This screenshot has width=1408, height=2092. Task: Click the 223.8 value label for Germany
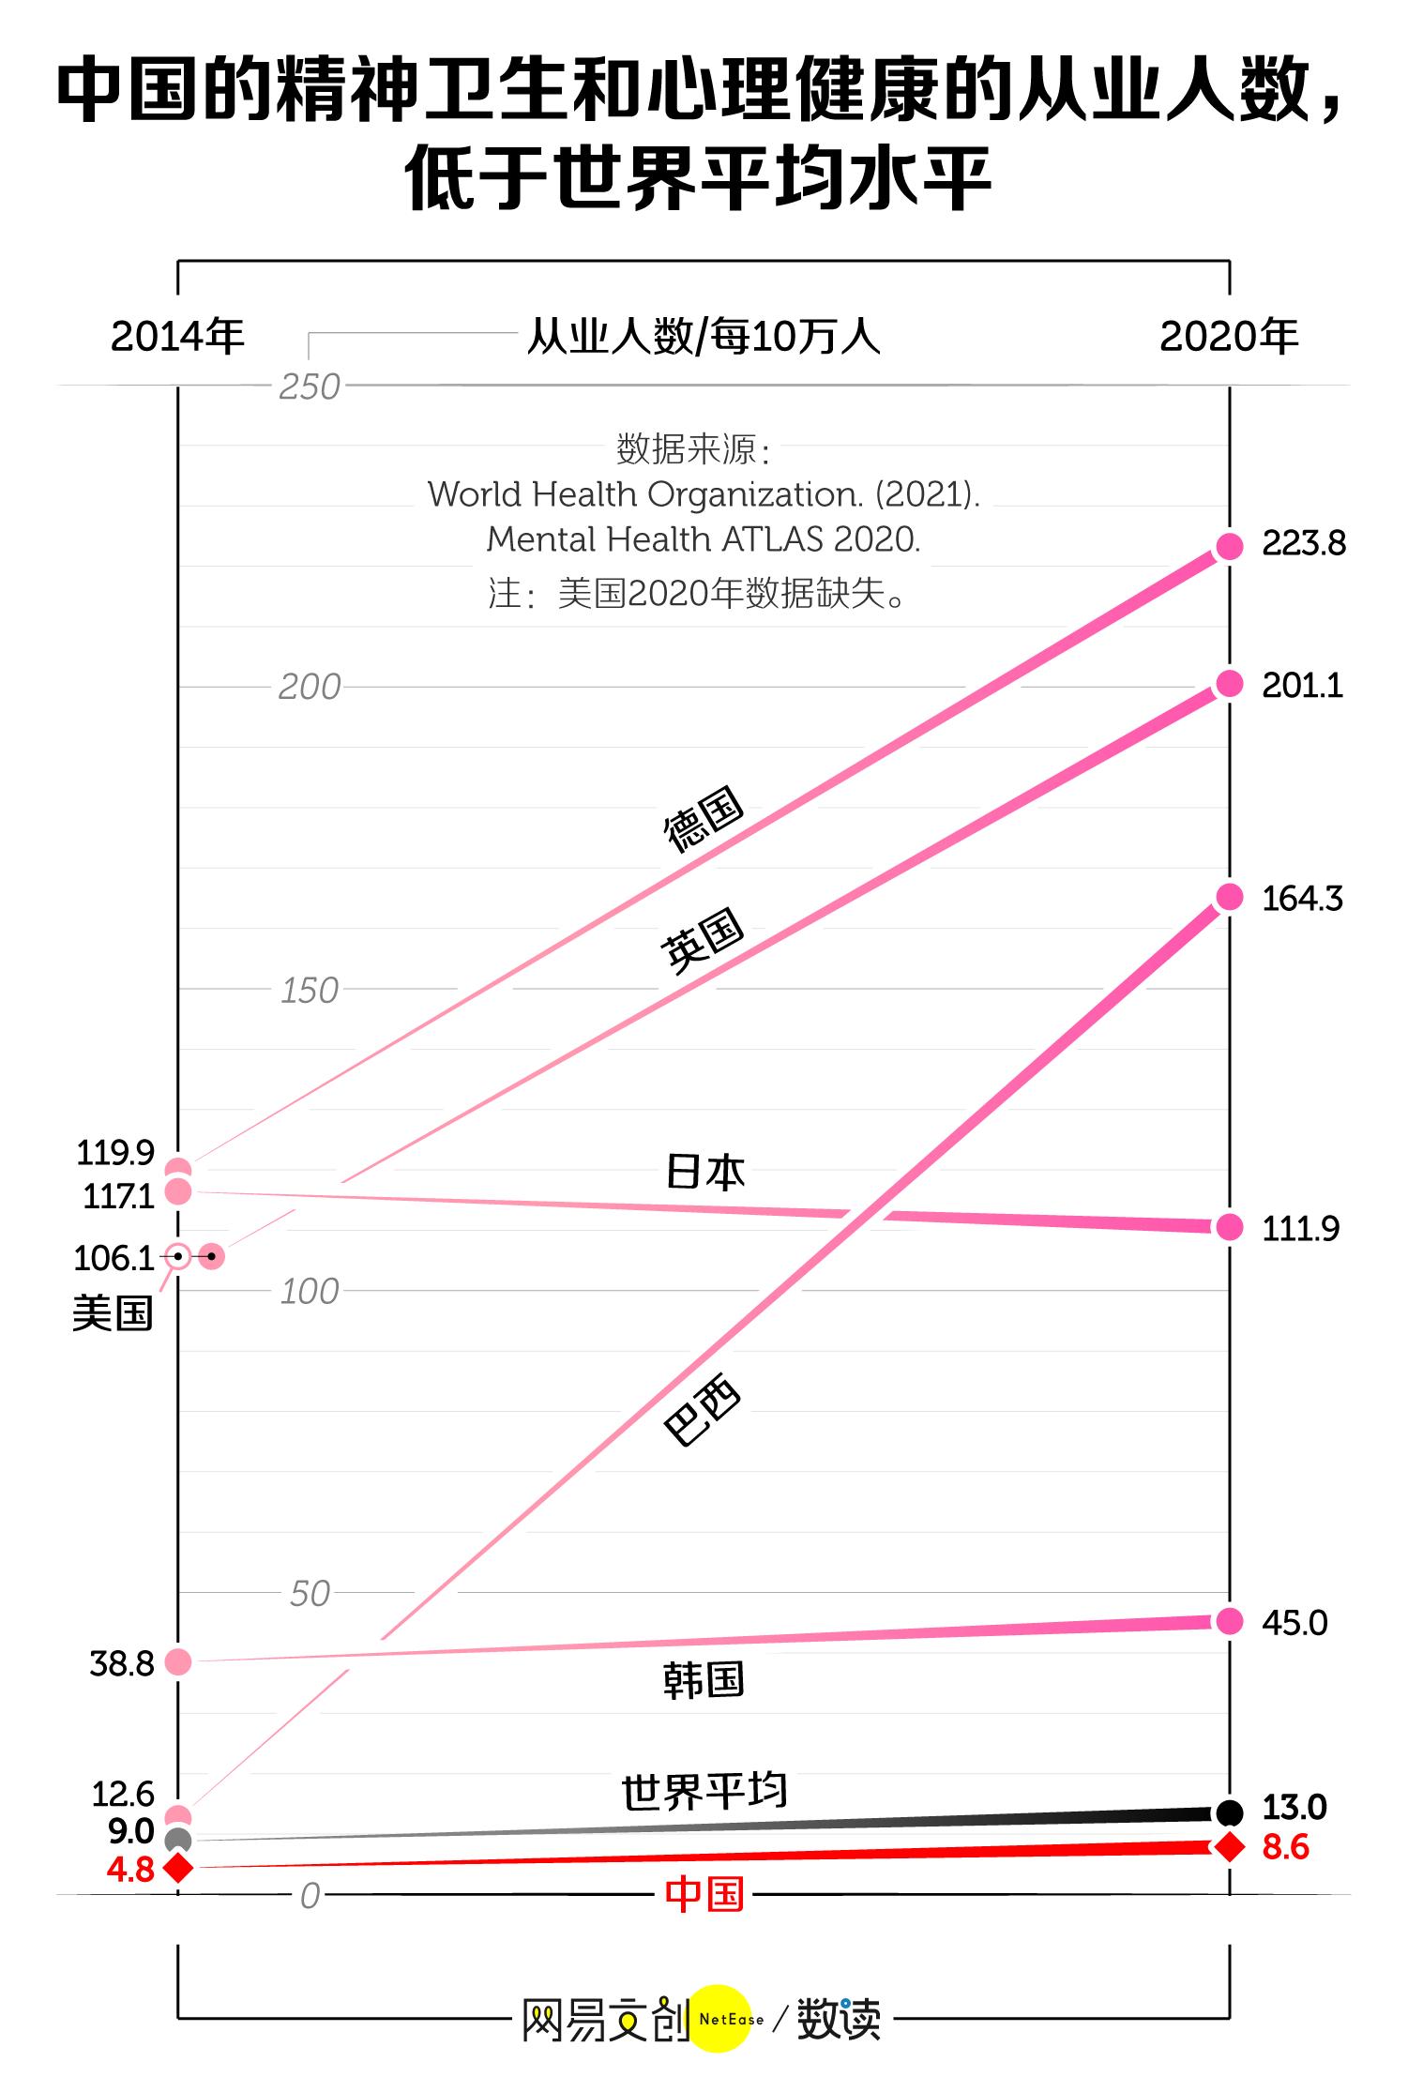click(1303, 543)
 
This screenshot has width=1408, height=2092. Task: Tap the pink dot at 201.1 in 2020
click(1229, 684)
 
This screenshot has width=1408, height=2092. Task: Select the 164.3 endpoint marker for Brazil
click(1229, 897)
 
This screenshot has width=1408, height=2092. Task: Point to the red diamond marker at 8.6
click(1229, 1846)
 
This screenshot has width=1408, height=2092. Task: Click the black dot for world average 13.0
click(1229, 1812)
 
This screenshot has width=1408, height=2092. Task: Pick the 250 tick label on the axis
click(309, 387)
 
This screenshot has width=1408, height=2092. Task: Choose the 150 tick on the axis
click(309, 991)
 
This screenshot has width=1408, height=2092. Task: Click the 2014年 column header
click(177, 336)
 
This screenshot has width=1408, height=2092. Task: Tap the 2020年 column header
click(1229, 336)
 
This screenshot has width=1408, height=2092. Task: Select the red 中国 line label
click(704, 1894)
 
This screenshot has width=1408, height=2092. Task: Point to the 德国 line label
click(703, 818)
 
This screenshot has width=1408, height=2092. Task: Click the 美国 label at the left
click(113, 1312)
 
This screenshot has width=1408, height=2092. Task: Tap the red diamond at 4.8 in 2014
click(178, 1867)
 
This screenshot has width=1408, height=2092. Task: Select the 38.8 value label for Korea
click(121, 1663)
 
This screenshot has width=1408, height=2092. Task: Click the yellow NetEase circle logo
click(721, 2018)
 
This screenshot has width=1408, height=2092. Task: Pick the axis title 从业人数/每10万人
click(704, 336)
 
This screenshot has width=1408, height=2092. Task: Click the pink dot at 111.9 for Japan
click(1229, 1226)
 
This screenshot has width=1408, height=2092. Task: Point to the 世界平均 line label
click(704, 1792)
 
